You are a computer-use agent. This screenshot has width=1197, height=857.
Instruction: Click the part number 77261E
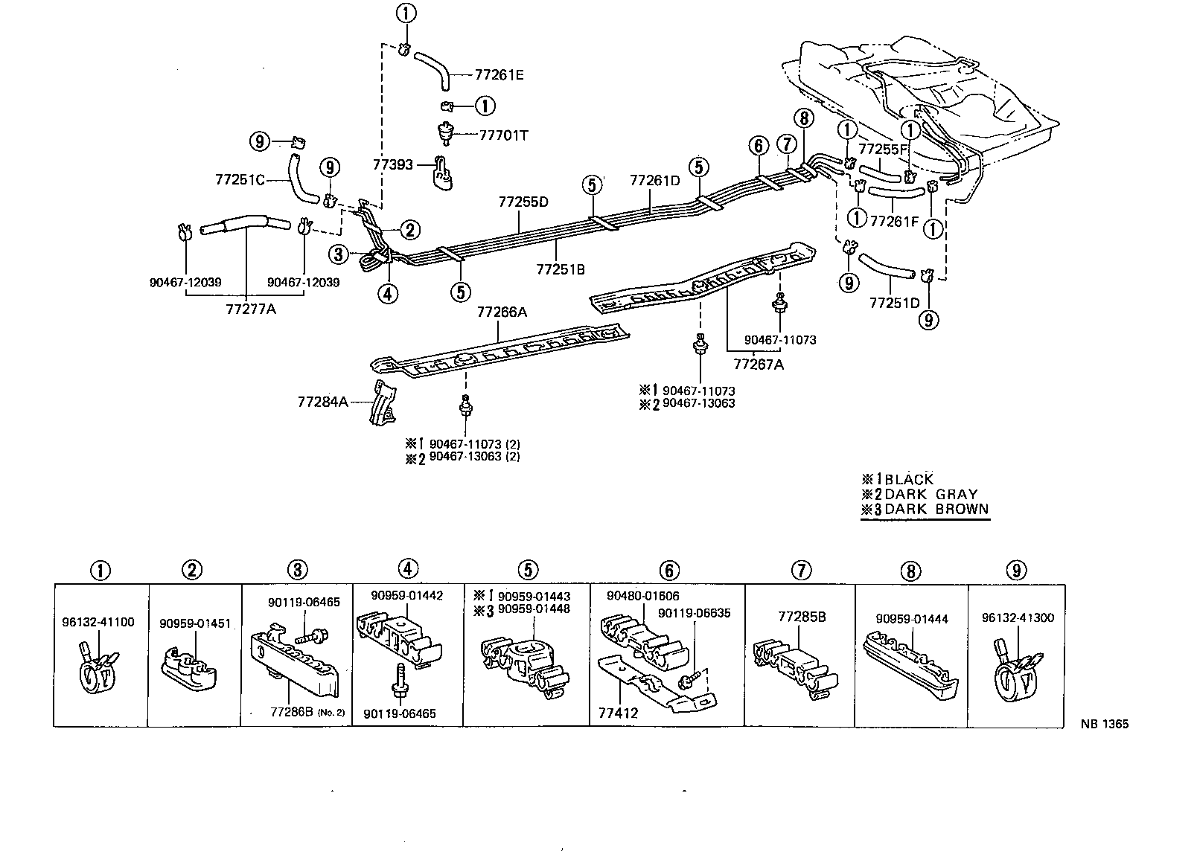[x=499, y=75]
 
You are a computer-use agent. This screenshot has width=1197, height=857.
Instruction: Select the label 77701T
[x=504, y=135]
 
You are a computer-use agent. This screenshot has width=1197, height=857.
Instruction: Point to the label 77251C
[x=239, y=179]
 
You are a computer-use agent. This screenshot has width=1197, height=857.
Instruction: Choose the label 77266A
[x=502, y=312]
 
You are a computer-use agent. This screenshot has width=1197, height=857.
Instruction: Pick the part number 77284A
[x=322, y=402]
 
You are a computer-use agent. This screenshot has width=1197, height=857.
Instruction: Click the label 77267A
[x=758, y=365]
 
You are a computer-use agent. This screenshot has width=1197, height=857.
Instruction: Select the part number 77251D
[x=894, y=304]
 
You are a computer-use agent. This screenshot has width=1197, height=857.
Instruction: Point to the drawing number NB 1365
[x=1105, y=724]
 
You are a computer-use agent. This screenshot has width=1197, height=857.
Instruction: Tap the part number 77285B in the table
[x=801, y=617]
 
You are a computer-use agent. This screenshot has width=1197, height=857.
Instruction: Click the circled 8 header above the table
[x=910, y=571]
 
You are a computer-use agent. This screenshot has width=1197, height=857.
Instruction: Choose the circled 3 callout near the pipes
[x=339, y=254]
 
